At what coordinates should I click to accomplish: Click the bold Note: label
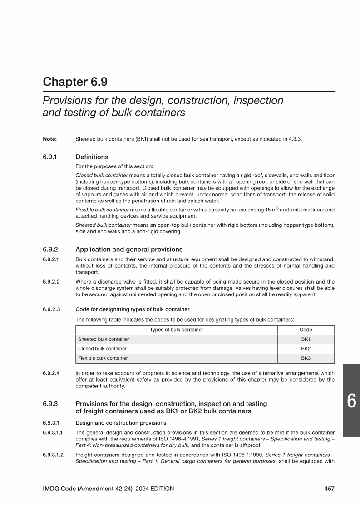[x=49, y=139]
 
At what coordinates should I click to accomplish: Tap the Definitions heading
[x=92, y=157]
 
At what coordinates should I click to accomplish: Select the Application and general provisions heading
[x=129, y=249]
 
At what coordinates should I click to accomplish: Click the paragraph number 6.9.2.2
[x=52, y=281]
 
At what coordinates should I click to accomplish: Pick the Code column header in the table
[x=306, y=330]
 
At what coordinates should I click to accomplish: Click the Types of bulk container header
[x=176, y=330]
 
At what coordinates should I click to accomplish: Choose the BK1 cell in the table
[x=306, y=339]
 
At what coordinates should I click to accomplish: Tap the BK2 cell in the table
[x=306, y=348]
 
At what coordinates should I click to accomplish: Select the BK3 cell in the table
[x=306, y=358]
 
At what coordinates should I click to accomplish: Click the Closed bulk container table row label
[x=102, y=348]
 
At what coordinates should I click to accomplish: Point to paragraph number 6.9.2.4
[x=52, y=373]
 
